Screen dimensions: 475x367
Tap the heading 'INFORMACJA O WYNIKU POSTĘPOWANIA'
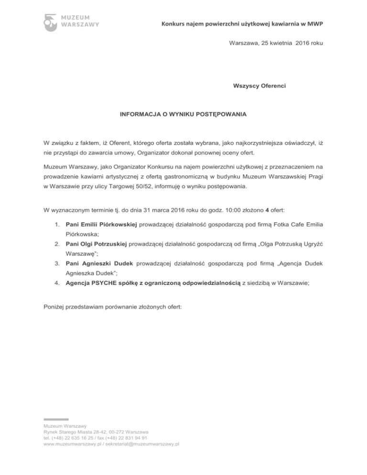(x=183, y=115)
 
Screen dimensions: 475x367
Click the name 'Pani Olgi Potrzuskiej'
(x=97, y=245)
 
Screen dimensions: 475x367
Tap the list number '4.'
(x=56, y=283)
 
